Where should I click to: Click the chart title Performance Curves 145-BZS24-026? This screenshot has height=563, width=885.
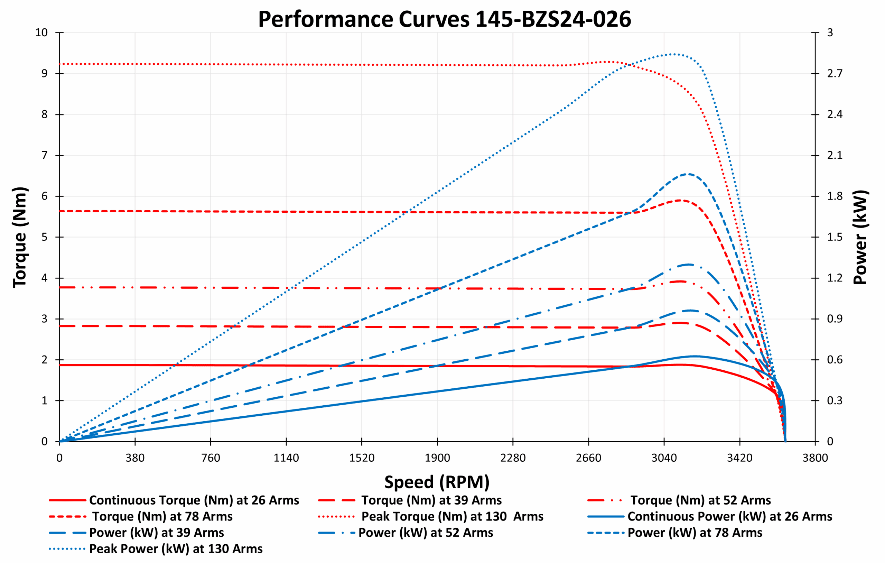tap(444, 19)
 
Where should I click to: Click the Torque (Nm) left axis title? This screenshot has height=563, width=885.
tap(20, 237)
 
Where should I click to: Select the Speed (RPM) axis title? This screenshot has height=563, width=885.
tap(437, 482)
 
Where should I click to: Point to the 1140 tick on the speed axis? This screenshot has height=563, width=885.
tap(286, 458)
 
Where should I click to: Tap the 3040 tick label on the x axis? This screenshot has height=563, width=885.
tap(664, 458)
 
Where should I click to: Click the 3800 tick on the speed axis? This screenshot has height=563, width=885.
tap(815, 458)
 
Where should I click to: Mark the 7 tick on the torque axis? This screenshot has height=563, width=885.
tap(45, 155)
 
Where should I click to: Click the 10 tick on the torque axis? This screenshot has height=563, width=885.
tap(41, 33)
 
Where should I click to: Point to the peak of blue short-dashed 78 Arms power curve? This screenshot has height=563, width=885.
tap(688, 174)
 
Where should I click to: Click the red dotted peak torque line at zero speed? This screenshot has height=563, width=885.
tap(60, 64)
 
